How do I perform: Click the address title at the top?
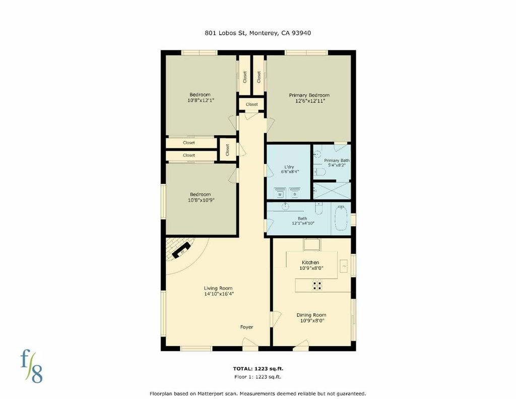click(257, 33)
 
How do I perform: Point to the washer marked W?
click(280, 192)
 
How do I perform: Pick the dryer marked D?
click(294, 192)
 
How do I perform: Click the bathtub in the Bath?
click(341, 218)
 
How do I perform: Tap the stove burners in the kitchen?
click(317, 286)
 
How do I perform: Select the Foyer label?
click(246, 327)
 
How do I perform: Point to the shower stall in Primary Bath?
click(332, 191)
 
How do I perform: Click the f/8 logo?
click(32, 366)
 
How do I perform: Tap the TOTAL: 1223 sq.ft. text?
click(258, 369)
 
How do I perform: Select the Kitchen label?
click(310, 263)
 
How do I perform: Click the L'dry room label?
click(289, 167)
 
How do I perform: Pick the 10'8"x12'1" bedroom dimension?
click(201, 100)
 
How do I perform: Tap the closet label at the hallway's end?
click(252, 104)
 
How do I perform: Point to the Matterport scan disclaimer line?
click(257, 393)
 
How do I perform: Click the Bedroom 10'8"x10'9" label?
click(201, 197)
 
